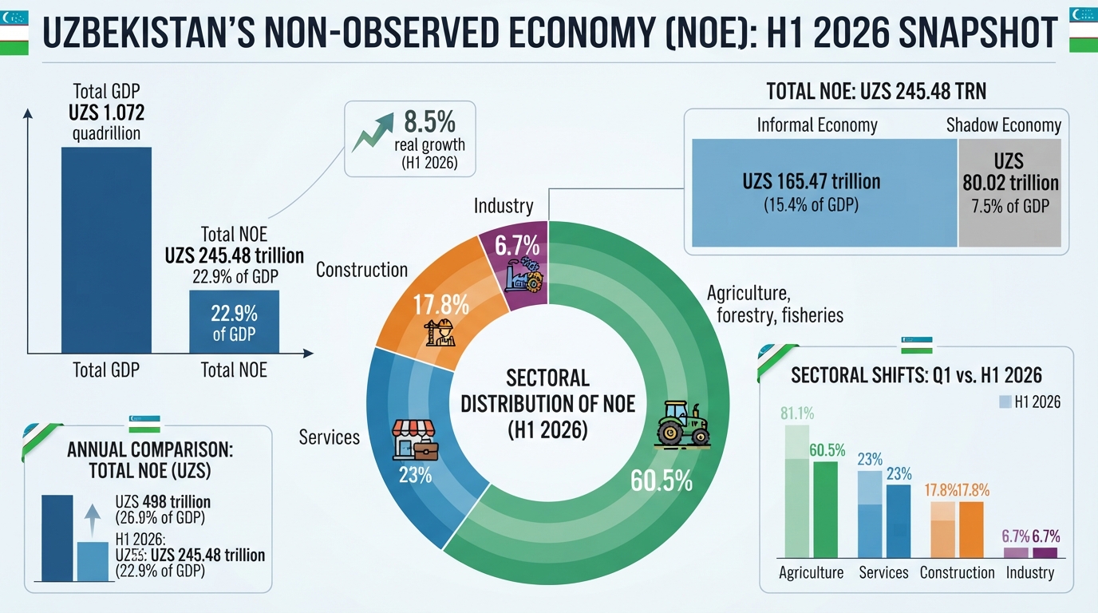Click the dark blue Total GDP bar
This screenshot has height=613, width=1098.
click(106, 250)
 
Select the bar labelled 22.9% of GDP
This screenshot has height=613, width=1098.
click(235, 322)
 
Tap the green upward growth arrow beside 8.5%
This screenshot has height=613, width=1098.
click(373, 132)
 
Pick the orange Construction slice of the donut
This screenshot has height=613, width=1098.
click(441, 304)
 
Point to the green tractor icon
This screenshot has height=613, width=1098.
click(682, 425)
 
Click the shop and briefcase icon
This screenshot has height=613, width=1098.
click(415, 440)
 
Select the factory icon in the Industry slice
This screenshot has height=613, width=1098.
click(523, 275)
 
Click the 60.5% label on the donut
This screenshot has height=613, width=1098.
click(662, 481)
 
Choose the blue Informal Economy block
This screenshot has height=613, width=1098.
click(824, 192)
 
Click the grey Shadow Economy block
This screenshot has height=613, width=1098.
click(1010, 192)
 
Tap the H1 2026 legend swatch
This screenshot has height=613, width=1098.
click(1005, 402)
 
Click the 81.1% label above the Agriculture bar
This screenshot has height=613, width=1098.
click(797, 413)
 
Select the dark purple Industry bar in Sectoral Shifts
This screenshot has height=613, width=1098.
click(1045, 552)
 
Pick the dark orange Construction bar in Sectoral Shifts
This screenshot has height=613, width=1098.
click(971, 530)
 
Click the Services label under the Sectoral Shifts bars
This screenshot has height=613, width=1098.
click(883, 572)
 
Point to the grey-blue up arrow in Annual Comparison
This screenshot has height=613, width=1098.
click(92, 520)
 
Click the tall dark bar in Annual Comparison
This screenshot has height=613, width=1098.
click(57, 538)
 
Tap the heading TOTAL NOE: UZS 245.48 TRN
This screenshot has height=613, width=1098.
click(876, 91)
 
